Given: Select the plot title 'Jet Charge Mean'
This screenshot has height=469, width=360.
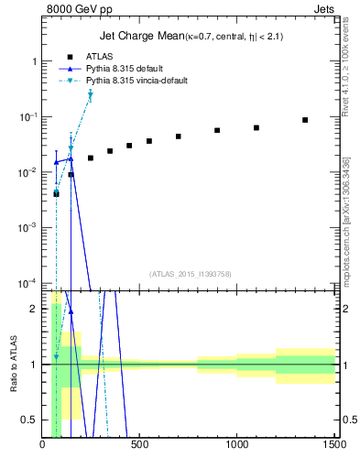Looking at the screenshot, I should pos(140,36).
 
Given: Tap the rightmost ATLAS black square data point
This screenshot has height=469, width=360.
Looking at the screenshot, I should pos(305,120).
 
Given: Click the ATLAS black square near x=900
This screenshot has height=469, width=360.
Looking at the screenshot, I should pos(217,130).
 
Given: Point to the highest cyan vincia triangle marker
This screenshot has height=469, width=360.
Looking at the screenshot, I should pos(90,94).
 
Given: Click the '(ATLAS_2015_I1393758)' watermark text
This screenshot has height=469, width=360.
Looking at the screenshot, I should pos(190,273).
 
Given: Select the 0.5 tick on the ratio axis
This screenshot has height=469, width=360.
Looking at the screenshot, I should pos(31,420).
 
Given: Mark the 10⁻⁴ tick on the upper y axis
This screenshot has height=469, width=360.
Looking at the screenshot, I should pos(27,282).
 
